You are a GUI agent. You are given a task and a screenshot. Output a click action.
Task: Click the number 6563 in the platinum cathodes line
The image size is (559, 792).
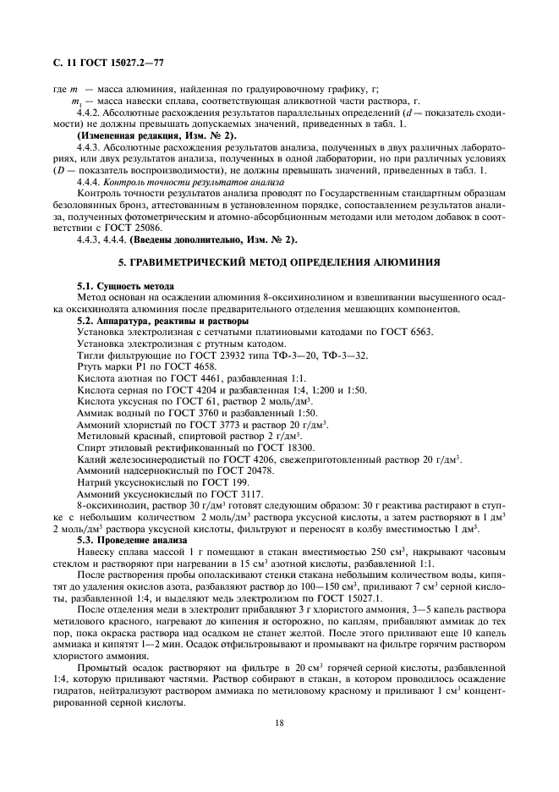(418, 332)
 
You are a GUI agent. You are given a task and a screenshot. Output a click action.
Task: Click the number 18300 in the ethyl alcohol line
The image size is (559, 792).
(298, 447)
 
